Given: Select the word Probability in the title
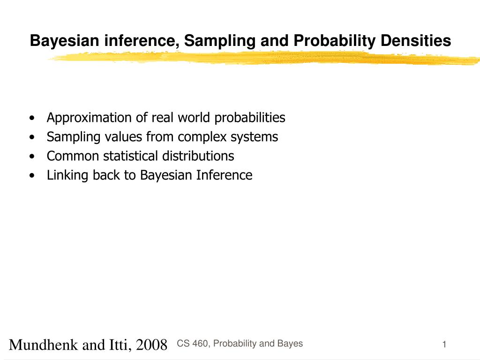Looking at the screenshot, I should point(335,41).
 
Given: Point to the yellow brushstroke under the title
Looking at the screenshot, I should point(262,58).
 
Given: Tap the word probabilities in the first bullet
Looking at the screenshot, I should point(250,117).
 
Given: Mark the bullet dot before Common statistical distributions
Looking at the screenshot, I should point(31,156).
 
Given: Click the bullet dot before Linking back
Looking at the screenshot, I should point(31,176).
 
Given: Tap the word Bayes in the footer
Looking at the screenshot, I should point(290,344).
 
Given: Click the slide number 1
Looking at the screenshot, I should point(443,345).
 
